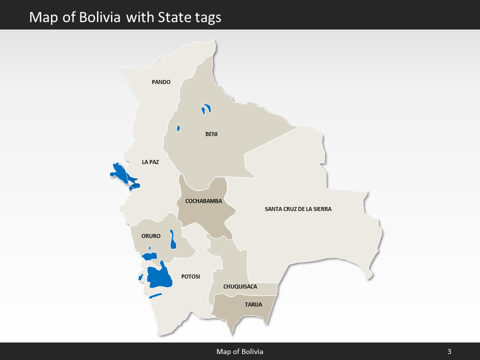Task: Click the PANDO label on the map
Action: (x=161, y=82)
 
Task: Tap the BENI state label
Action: (x=211, y=134)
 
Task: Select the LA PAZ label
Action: (x=150, y=162)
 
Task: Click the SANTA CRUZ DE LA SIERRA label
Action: (x=298, y=209)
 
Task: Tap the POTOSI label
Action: (x=190, y=276)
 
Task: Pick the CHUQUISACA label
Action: (x=240, y=286)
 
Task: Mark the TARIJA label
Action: (x=253, y=304)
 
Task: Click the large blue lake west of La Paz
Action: (x=120, y=172)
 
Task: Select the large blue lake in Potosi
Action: (x=159, y=277)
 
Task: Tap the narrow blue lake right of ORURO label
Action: (x=172, y=239)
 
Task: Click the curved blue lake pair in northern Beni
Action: (x=205, y=108)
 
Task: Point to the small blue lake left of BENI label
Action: (x=178, y=128)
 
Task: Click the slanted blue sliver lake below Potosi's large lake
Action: (x=155, y=295)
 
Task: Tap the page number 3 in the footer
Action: (x=449, y=351)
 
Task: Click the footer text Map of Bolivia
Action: (x=239, y=351)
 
